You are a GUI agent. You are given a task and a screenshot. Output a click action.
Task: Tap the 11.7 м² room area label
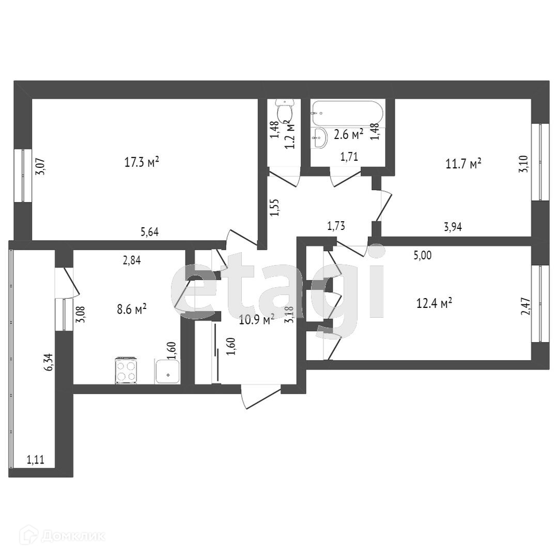(463, 164)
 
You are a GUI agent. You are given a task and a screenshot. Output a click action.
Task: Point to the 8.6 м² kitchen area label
(132, 309)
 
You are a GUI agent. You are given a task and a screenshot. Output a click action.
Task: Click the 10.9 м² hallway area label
(256, 320)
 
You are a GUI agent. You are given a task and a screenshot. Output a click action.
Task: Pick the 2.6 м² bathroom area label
(348, 135)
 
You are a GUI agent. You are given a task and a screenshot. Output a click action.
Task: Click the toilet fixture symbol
(284, 110)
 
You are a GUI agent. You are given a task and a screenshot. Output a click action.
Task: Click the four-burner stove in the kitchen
(126, 370)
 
